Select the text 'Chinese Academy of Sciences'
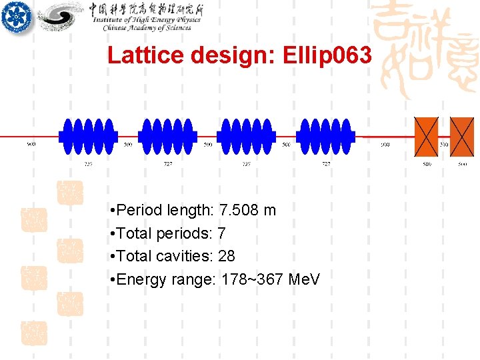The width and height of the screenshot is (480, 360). [147, 27]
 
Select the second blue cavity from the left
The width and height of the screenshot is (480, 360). [167, 136]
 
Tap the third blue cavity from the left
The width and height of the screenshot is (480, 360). [247, 136]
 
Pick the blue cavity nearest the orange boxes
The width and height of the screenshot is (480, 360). [325, 136]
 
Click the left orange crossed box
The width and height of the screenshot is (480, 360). [427, 136]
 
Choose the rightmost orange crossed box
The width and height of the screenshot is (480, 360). [462, 136]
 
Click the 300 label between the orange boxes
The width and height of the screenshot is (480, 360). [444, 145]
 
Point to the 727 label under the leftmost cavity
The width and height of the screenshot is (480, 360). [87, 163]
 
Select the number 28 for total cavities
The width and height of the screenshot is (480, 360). [227, 256]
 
